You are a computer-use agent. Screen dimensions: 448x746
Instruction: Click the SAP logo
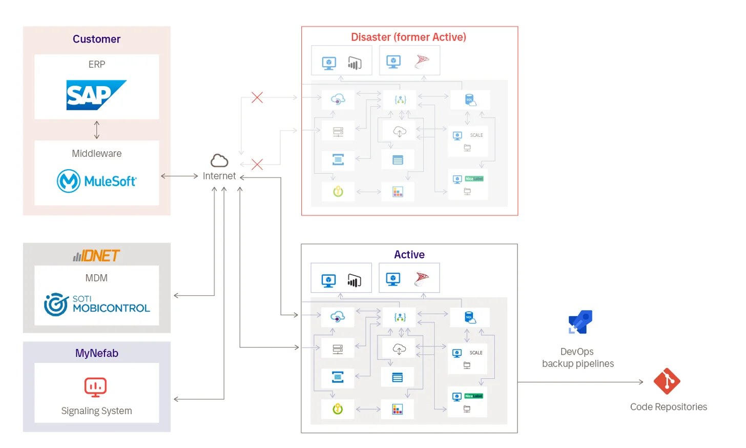coord(96,95)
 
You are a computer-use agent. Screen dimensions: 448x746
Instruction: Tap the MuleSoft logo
coord(96,181)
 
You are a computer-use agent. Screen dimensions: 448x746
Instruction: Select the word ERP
coord(96,65)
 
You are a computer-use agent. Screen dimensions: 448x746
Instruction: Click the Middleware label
coord(96,153)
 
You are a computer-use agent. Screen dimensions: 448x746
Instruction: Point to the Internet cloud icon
coord(219,161)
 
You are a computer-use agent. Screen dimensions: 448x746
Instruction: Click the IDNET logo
coord(96,255)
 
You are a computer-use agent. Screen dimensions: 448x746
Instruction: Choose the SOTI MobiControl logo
coord(97,304)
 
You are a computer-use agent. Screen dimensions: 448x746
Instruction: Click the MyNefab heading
coord(96,353)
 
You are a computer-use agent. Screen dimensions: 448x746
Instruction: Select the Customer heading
coord(96,39)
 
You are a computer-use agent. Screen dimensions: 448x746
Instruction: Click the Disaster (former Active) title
coord(408,37)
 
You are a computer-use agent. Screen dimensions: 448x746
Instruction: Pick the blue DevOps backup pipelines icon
coord(580,322)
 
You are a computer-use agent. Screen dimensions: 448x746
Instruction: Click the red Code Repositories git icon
coord(667,381)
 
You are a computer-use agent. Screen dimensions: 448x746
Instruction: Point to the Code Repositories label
coord(668,407)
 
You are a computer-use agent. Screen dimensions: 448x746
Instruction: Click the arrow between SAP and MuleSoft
coord(96,130)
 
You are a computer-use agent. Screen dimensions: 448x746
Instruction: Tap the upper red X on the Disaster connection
coord(257,97)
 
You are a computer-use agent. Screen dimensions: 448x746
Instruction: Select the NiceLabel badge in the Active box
coord(473,396)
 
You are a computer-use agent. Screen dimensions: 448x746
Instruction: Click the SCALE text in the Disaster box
coord(476,135)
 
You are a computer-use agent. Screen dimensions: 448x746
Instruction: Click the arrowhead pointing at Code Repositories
coord(641,382)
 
